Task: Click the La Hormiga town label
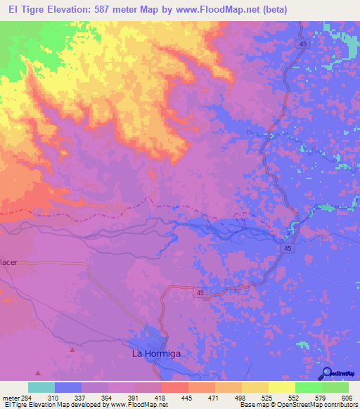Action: tap(156, 353)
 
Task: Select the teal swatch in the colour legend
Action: tap(41, 387)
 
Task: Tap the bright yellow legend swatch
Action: tap(282, 387)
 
